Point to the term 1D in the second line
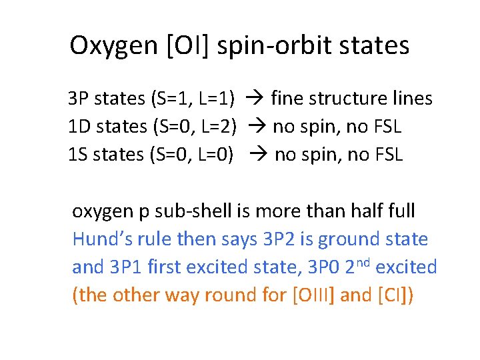[79, 127]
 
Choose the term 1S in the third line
[78, 155]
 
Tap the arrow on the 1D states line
[255, 127]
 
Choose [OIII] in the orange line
[314, 295]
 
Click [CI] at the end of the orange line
[396, 295]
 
